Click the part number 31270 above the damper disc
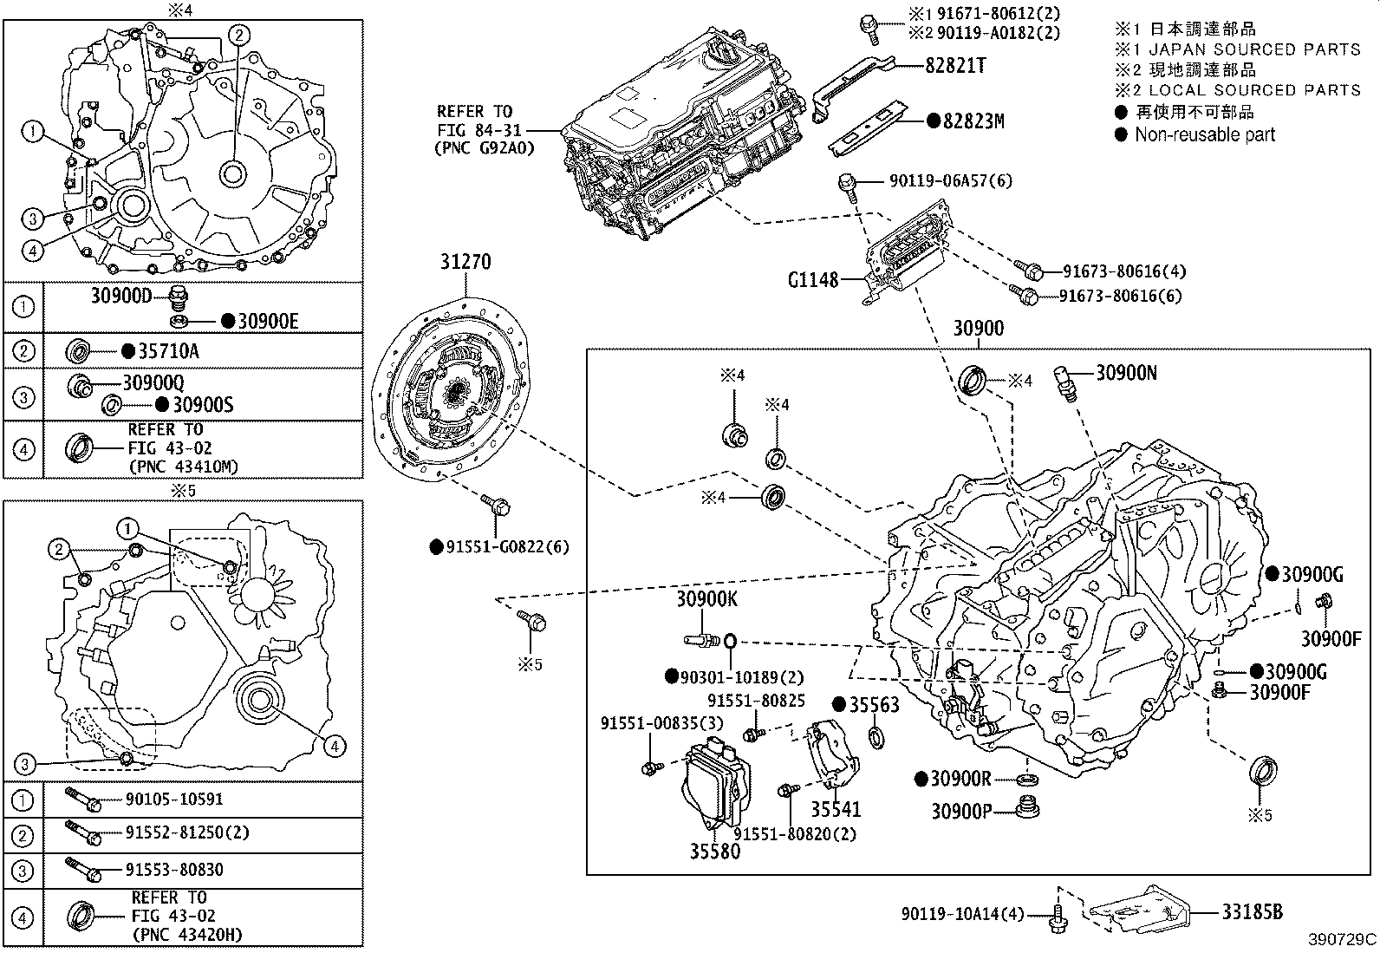point(465,262)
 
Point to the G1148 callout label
point(812,280)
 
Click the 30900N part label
point(1126,373)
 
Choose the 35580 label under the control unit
point(715,851)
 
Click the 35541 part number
point(836,809)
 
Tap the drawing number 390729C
point(1342,939)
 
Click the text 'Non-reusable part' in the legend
point(1205,134)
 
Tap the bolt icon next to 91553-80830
point(82,867)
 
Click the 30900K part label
point(707,599)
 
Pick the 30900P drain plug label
point(960,811)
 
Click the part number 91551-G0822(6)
point(507,547)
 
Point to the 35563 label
point(874,705)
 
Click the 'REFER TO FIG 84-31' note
point(475,129)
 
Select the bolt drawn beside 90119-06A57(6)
point(848,186)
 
